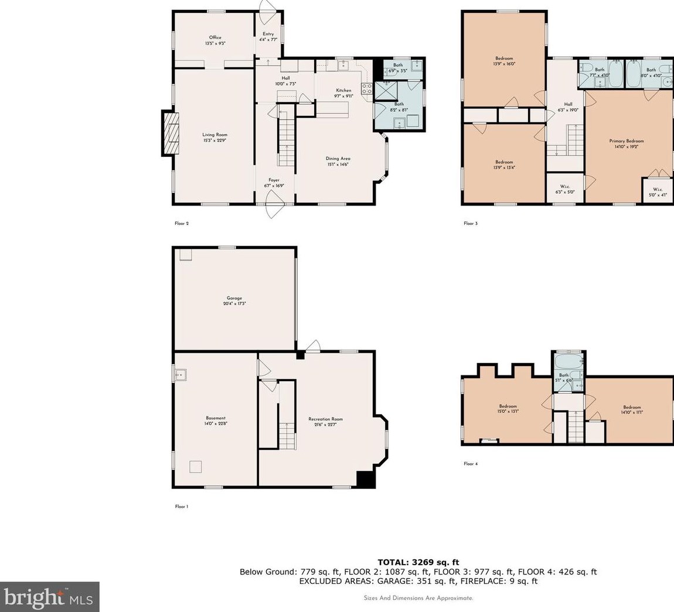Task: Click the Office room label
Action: [x=215, y=40]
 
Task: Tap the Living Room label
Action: [x=215, y=138]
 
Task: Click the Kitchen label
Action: [x=343, y=93]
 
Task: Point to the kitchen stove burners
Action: [x=367, y=89]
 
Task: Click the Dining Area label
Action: [x=338, y=161]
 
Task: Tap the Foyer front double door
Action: [x=274, y=207]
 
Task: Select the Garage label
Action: [x=234, y=300]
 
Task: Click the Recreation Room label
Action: [x=325, y=422]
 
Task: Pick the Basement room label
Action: [x=215, y=420]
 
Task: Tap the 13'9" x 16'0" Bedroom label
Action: [x=504, y=61]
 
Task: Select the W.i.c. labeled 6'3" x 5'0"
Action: [x=565, y=189]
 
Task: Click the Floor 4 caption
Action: [x=471, y=464]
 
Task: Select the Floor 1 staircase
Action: [x=286, y=435]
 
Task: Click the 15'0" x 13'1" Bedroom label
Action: [x=508, y=409]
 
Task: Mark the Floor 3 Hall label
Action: [x=568, y=107]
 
